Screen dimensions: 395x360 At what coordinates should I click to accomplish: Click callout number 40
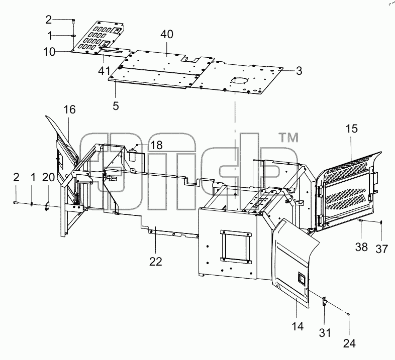[x=167, y=34]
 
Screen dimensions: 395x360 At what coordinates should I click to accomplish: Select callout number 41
[x=104, y=71]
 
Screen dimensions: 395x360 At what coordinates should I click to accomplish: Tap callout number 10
[x=49, y=52]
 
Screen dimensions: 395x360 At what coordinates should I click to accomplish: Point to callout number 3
[x=299, y=71]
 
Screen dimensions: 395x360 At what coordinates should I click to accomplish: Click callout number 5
[x=116, y=106]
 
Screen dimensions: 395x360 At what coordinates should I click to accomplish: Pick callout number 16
[x=69, y=110]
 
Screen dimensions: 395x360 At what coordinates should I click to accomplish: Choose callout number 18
[x=156, y=145]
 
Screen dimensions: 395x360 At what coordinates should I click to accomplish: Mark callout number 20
[x=48, y=177]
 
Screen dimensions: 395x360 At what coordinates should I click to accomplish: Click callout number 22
[x=156, y=262]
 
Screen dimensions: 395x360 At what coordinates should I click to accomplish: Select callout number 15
[x=352, y=129]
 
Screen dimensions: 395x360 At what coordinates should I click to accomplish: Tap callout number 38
[x=361, y=247]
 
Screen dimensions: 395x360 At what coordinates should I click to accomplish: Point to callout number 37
[x=381, y=249]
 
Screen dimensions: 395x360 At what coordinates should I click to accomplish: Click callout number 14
[x=298, y=326]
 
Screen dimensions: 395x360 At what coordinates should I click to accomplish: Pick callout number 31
[x=325, y=333]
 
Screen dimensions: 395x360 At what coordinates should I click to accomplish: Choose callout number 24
[x=349, y=343]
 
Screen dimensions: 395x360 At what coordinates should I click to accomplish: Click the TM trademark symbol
[x=288, y=138]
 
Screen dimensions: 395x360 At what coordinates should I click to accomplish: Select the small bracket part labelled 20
[x=47, y=205]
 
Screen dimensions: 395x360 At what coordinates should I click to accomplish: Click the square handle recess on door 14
[x=302, y=278]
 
